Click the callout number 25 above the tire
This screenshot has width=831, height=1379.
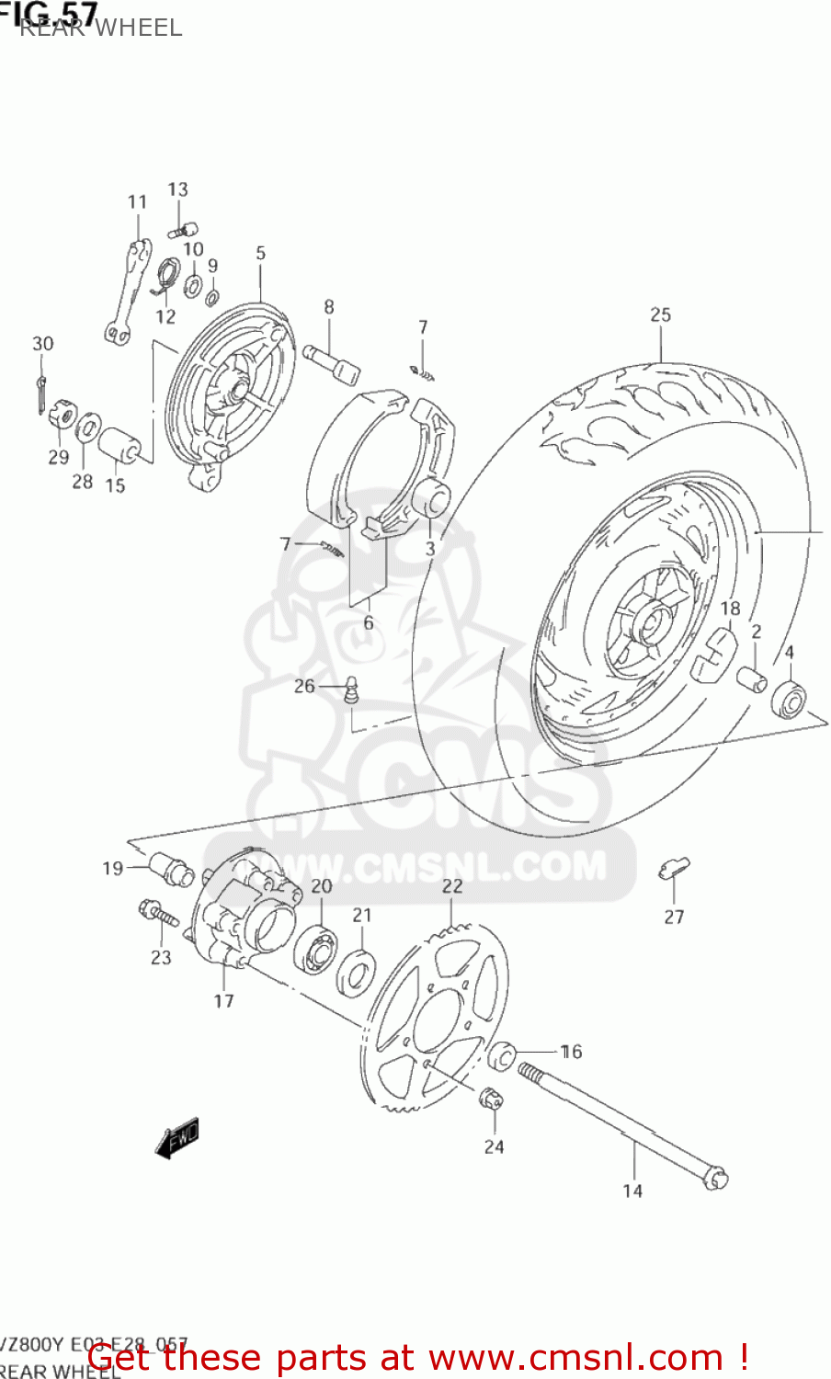pos(660,314)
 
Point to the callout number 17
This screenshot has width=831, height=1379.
pos(223,1000)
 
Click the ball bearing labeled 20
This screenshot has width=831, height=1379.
pos(315,947)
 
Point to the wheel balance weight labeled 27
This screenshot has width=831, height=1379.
pos(674,868)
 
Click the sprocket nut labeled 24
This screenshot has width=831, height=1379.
pos(490,1097)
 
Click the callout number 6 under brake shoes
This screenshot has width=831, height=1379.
pos(368,623)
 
